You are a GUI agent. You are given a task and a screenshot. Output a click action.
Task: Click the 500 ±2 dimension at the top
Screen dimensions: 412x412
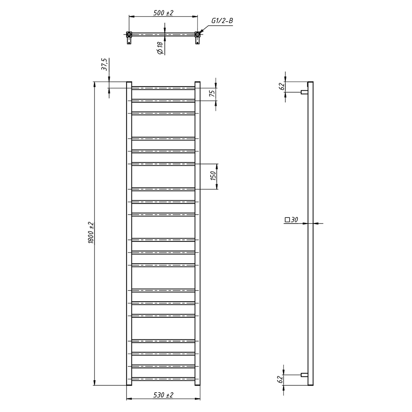pos(163,13)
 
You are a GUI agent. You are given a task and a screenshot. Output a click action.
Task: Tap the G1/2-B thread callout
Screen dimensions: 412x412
pos(222,21)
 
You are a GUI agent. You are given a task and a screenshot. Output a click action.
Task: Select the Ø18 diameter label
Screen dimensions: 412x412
pos(160,48)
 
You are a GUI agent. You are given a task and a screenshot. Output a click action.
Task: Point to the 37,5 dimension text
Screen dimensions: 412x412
pos(105,65)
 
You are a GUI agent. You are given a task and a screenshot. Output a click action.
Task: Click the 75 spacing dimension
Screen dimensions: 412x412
pos(213,93)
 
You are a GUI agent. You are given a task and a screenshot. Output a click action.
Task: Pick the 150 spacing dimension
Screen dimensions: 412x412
pos(213,176)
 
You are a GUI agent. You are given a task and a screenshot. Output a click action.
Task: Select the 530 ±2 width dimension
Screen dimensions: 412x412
pos(163,395)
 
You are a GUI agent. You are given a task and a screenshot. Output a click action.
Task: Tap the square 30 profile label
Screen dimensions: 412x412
pos(291,220)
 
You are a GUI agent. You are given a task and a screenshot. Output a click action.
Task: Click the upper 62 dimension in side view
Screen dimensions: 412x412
pos(281,87)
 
